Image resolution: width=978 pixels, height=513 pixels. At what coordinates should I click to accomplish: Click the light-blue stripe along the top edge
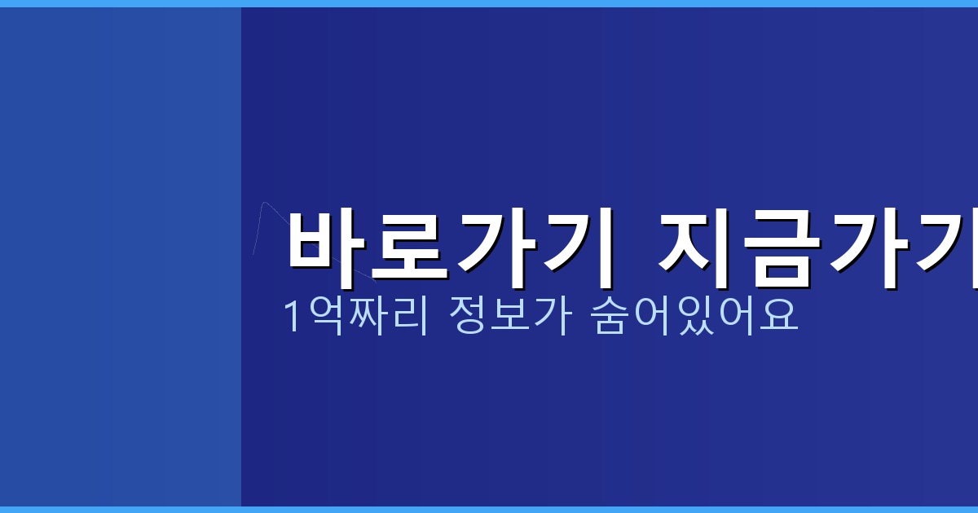click(x=489, y=3)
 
